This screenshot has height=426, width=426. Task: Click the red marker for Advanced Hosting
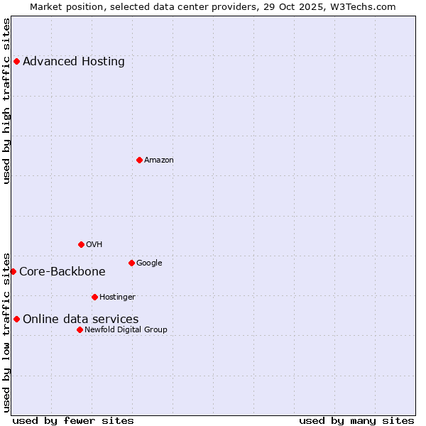(16, 62)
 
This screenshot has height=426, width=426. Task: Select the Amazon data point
(139, 160)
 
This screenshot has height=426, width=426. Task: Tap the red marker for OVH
(81, 244)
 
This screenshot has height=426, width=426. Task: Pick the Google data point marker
(131, 263)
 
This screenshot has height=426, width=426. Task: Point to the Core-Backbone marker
(13, 271)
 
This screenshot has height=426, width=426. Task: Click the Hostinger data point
(94, 297)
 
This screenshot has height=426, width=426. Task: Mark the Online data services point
(16, 319)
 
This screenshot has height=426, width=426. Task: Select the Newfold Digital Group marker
(80, 329)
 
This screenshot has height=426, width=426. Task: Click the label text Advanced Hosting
(74, 62)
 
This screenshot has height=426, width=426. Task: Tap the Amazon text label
(159, 160)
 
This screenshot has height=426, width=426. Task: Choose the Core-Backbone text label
(62, 272)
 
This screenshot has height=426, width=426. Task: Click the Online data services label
(81, 319)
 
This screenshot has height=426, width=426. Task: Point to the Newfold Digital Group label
(126, 329)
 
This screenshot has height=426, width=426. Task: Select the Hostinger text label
(117, 297)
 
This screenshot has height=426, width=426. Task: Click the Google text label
(149, 263)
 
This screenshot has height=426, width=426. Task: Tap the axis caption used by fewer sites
(73, 420)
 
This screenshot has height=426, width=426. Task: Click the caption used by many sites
(356, 420)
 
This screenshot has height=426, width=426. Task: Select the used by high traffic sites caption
(7, 101)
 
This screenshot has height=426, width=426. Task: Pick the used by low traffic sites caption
(7, 332)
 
